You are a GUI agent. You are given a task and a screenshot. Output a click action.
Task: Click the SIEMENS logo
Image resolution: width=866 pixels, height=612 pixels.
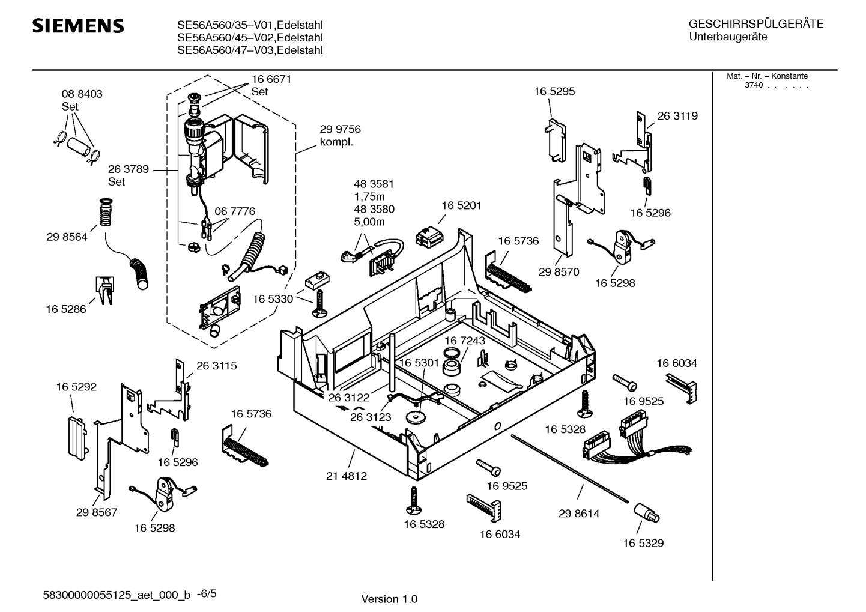tap(78, 26)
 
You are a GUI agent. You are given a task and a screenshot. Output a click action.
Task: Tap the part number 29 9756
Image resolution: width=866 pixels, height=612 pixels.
tap(340, 129)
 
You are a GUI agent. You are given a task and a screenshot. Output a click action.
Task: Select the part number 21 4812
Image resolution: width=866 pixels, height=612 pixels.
tap(347, 476)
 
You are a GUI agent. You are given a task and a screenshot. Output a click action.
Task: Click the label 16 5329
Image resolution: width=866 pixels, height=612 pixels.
tap(643, 543)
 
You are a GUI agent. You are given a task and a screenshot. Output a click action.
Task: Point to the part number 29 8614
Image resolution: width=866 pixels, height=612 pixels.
tap(579, 514)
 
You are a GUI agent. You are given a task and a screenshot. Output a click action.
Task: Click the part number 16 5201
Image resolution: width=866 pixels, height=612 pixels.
tap(462, 205)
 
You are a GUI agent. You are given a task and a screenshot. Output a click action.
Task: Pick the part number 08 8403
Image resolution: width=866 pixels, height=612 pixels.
tap(82, 94)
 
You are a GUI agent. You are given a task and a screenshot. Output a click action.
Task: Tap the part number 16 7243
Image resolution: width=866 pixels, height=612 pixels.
tap(465, 341)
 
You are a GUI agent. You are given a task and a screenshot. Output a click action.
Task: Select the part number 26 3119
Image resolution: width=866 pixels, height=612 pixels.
tap(677, 116)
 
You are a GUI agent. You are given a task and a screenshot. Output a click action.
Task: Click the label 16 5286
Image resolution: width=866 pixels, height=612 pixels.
tap(66, 309)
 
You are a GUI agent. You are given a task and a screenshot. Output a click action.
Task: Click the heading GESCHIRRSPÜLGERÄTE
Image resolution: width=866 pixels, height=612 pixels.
tap(755, 25)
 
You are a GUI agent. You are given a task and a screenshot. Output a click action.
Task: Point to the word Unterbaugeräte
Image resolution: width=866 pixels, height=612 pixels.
tap(728, 37)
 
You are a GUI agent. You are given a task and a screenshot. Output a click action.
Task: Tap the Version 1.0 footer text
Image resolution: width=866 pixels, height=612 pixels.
tap(389, 599)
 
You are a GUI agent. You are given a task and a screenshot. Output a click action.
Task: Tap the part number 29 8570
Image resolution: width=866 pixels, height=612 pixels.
tap(559, 272)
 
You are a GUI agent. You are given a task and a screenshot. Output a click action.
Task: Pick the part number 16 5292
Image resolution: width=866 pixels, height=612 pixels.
tap(76, 387)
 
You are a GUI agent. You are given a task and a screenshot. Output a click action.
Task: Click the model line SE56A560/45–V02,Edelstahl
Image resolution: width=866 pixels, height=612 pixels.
tap(250, 38)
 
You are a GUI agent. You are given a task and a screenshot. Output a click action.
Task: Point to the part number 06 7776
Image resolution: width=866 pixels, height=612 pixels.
tap(235, 211)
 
